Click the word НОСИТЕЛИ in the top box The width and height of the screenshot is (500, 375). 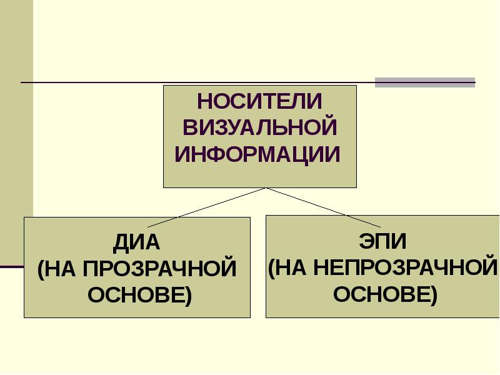pyautogui.click(x=259, y=101)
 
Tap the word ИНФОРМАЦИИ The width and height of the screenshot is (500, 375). pyautogui.click(x=257, y=153)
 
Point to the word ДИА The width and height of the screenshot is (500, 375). pyautogui.click(x=137, y=242)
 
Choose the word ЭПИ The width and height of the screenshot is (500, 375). pyautogui.click(x=383, y=241)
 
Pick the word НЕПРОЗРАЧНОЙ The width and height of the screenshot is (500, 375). pyautogui.click(x=404, y=267)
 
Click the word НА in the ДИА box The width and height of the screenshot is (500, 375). pyautogui.click(x=61, y=268)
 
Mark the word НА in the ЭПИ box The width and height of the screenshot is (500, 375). pyautogui.click(x=291, y=267)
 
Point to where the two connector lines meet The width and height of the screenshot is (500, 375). pyautogui.click(x=266, y=187)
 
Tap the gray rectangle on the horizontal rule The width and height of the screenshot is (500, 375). pyautogui.click(x=424, y=82)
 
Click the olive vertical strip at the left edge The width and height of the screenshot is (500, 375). pyautogui.click(x=16, y=125)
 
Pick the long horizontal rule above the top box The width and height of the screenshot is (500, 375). pyautogui.click(x=187, y=82)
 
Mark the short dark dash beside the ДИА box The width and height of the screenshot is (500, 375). pyautogui.click(x=11, y=267)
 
